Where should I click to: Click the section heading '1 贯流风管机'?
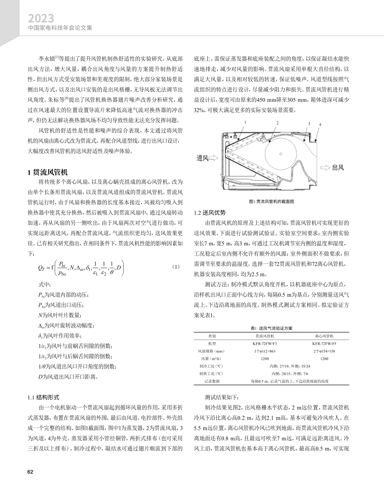click(47, 172)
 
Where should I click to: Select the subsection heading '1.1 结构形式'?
click(44, 397)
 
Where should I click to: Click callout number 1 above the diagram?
click(246, 120)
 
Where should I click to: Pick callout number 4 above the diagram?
click(320, 125)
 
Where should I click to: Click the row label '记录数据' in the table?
click(212, 381)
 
